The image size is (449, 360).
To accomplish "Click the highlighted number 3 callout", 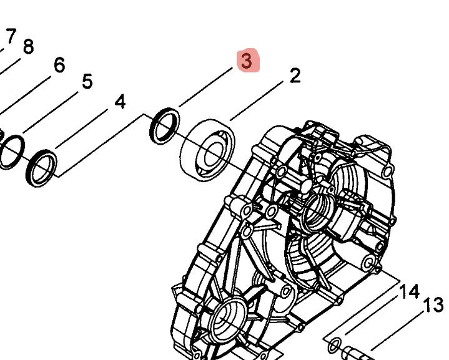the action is pyautogui.click(x=248, y=61).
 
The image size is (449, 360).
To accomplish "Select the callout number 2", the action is pyautogui.click(x=295, y=76).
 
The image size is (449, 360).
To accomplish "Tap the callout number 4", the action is pyautogui.click(x=120, y=101).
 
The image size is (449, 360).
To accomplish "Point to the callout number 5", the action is pyautogui.click(x=87, y=81).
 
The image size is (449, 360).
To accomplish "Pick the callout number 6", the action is pyautogui.click(x=59, y=65).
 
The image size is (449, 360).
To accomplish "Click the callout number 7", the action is pyautogui.click(x=11, y=36).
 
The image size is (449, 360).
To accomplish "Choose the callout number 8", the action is pyautogui.click(x=28, y=47).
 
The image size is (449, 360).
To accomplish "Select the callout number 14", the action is pyautogui.click(x=409, y=291).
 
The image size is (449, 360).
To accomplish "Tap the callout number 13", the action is pyautogui.click(x=433, y=304).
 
